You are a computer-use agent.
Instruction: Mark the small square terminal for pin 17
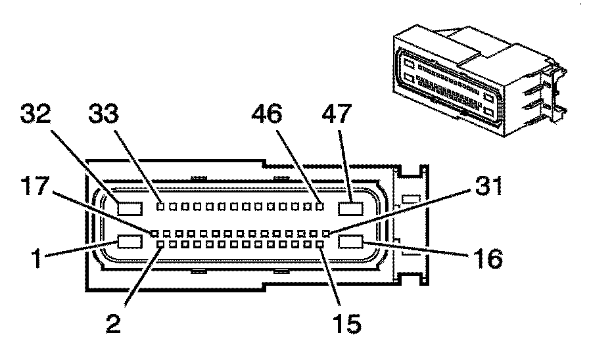coord(155,233)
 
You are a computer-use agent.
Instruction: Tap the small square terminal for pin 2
coord(161,244)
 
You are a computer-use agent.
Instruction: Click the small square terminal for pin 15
coord(320,244)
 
